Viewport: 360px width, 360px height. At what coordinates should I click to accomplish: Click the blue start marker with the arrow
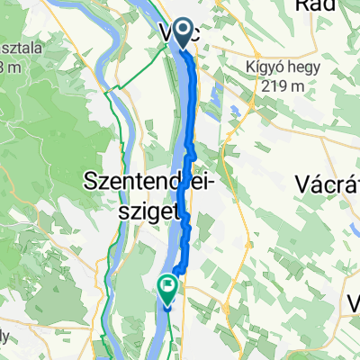[184, 34]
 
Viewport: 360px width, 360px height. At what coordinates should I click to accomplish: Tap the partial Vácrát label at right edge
[328, 183]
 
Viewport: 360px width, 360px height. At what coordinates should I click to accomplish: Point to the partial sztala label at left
[24, 47]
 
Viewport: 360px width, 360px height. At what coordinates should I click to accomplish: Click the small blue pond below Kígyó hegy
[235, 112]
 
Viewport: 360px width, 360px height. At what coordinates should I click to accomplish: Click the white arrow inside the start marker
[184, 33]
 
